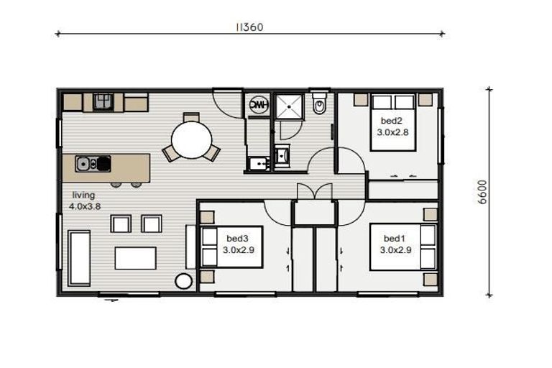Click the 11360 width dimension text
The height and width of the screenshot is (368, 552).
[x=249, y=27]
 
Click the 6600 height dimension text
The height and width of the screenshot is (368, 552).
[x=483, y=192]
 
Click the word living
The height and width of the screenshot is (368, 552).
[x=83, y=195]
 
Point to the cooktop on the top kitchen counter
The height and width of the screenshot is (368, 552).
[x=103, y=101]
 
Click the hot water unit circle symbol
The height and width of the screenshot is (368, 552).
[x=257, y=105]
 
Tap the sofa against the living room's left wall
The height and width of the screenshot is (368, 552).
[x=78, y=257]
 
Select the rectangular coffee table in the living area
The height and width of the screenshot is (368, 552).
[x=135, y=257]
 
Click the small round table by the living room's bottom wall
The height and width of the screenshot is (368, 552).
[x=183, y=281]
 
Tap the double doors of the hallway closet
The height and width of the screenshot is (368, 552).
[x=314, y=191]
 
